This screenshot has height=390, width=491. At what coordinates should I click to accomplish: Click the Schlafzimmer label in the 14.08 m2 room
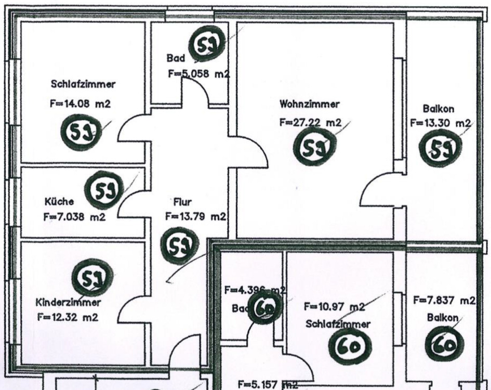click(x=83, y=84)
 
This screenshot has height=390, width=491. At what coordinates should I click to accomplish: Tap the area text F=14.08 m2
click(x=81, y=103)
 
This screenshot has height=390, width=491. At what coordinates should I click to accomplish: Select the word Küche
click(x=59, y=202)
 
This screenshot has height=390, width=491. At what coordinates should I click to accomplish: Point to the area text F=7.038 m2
click(x=74, y=217)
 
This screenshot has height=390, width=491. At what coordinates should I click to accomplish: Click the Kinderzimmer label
click(x=68, y=302)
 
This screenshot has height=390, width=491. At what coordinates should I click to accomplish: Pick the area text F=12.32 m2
click(x=68, y=316)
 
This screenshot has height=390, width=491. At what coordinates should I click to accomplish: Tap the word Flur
click(x=183, y=202)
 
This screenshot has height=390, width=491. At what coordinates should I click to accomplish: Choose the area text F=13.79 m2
click(x=195, y=216)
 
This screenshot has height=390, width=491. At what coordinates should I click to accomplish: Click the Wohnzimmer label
click(x=310, y=104)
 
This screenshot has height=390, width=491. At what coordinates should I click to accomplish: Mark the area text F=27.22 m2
click(x=310, y=123)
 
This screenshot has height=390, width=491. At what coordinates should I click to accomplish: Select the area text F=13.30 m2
click(x=440, y=123)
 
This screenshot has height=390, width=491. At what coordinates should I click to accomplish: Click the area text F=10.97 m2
click(x=334, y=307)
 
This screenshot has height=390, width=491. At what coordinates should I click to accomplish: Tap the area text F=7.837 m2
click(x=444, y=300)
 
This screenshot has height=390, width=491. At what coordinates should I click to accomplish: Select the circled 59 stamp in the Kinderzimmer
click(x=92, y=277)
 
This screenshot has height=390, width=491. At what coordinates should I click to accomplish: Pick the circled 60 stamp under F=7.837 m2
click(x=444, y=344)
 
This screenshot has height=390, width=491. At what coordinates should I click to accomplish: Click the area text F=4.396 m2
click(x=255, y=290)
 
